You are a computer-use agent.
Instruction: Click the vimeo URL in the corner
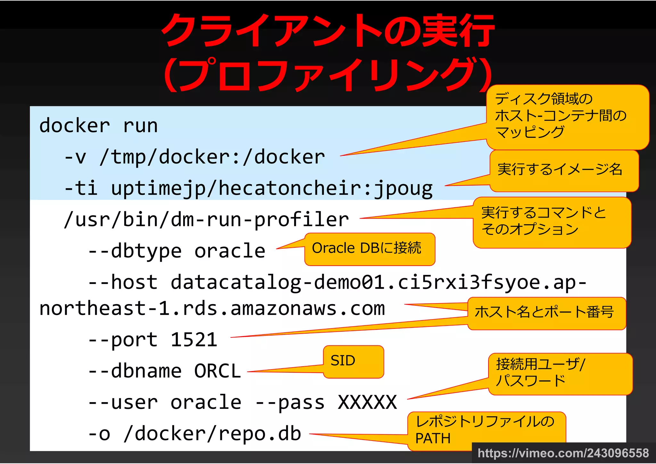[563, 453]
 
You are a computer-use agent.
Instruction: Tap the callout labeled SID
[353, 361]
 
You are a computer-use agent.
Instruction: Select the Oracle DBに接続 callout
[369, 249]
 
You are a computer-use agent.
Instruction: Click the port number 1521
[194, 340]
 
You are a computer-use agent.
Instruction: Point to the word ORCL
[217, 371]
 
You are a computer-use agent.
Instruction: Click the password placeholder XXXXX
[367, 402]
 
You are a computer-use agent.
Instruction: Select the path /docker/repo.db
[212, 434]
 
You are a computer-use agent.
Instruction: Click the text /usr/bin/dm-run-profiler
[206, 220]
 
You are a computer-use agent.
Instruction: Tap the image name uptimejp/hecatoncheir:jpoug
[272, 188]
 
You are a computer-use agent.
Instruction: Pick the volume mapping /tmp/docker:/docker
[212, 157]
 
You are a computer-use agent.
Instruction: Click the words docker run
[98, 126]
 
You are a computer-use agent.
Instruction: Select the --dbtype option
[135, 251]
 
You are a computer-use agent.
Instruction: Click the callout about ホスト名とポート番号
[546, 313]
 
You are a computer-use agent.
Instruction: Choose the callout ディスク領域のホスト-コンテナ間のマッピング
[567, 116]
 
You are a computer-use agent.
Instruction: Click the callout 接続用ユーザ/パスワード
[560, 373]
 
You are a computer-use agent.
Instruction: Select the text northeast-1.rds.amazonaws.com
[212, 309]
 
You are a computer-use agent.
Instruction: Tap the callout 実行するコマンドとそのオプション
[552, 222]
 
